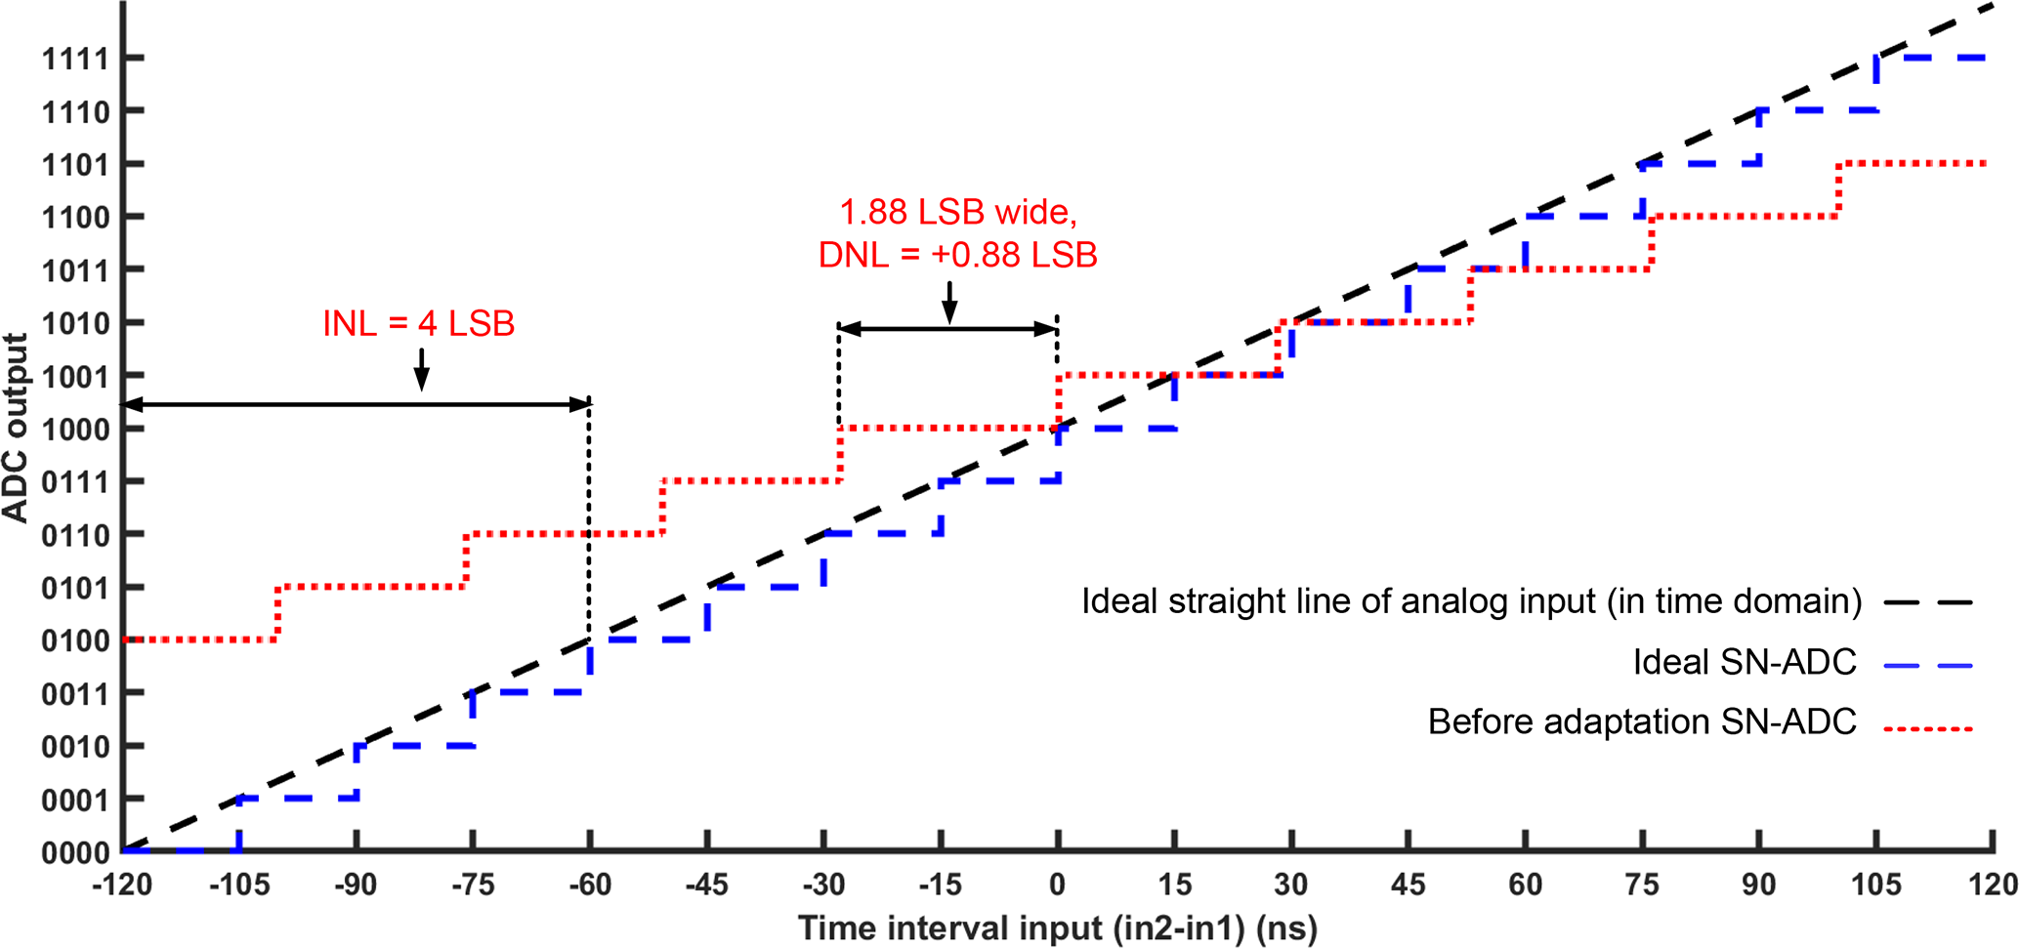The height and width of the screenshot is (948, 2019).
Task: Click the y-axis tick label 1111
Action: point(74,60)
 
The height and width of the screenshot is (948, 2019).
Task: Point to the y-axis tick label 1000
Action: point(74,430)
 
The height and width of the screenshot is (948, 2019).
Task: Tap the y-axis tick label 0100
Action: point(74,641)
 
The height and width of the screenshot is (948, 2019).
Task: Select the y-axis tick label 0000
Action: point(74,853)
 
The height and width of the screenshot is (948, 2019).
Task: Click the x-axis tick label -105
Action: point(239,886)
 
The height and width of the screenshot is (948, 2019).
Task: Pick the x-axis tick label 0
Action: point(1057,886)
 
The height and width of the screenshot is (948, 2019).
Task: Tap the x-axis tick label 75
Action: point(1642,886)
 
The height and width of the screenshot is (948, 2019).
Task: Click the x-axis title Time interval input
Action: point(1057,928)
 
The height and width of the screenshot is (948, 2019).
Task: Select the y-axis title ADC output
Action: point(16,428)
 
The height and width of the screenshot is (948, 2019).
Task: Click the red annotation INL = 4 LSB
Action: point(418,324)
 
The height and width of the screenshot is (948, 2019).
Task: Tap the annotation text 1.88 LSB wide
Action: point(957,212)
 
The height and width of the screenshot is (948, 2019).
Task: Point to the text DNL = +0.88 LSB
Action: point(957,255)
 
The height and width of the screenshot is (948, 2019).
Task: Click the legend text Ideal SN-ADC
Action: point(1744,663)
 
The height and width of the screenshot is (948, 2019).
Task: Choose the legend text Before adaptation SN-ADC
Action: point(1641,722)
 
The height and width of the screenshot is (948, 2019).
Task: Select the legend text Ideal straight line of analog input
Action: point(1470,601)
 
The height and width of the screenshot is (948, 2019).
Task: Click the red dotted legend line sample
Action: point(1927,728)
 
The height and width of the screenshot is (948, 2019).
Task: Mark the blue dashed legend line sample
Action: point(1927,666)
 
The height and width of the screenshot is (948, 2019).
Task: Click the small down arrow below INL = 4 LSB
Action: point(421,370)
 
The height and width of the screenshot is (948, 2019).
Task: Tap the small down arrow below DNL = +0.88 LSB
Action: point(949,302)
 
